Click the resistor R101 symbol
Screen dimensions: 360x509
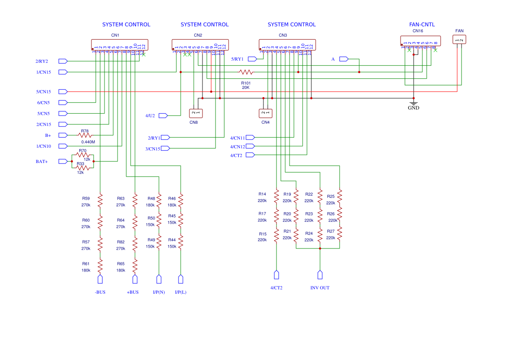246,72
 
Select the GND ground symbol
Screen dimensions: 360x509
414,105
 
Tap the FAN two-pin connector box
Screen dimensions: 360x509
459,39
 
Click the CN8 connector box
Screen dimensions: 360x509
196,113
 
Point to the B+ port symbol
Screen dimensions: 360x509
63,135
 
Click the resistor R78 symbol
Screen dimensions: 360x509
85,135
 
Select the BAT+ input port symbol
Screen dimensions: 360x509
63,161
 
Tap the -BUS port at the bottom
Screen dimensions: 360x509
100,279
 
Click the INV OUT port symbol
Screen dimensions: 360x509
320,275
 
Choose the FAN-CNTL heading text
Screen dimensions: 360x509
422,25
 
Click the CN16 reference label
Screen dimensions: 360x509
418,31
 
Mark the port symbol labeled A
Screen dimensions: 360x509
344,59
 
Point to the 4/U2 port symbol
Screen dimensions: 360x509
163,115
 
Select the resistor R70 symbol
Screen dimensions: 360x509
83,155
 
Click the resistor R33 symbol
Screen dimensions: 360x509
83,168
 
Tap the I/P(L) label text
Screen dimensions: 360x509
181,292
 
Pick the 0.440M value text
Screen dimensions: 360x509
88,142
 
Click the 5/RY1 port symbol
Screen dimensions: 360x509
252,59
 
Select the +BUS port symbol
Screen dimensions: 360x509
135,279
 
